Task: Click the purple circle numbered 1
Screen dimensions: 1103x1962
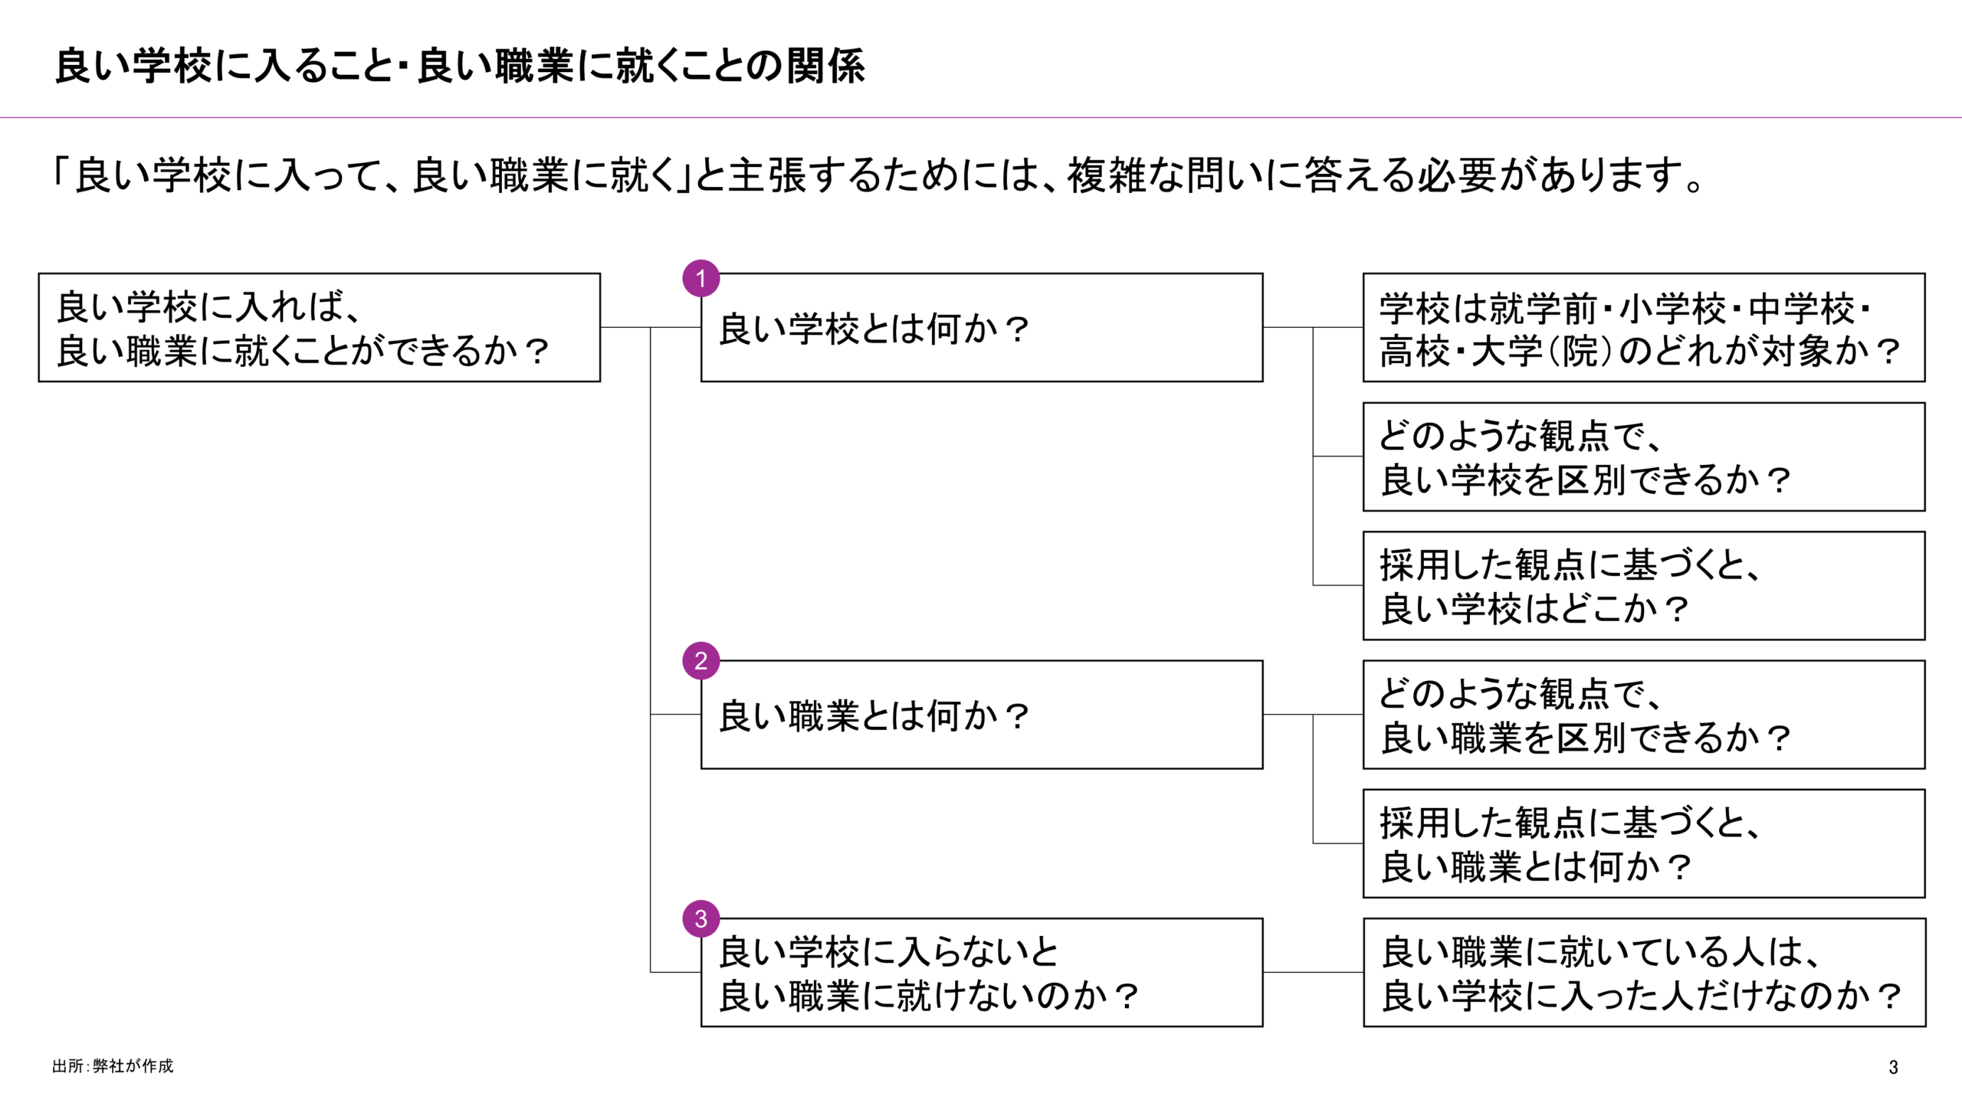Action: pyautogui.click(x=700, y=278)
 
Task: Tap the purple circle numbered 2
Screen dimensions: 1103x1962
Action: pyautogui.click(x=700, y=660)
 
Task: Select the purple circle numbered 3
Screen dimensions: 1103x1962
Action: pyautogui.click(x=700, y=918)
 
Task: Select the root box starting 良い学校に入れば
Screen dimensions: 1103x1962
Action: pyautogui.click(x=319, y=327)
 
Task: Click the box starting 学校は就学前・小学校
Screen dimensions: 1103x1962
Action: pyautogui.click(x=1643, y=327)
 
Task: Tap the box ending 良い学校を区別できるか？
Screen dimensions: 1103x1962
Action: pyautogui.click(x=1643, y=457)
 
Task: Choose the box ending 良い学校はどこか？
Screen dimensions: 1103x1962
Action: pyautogui.click(x=1643, y=585)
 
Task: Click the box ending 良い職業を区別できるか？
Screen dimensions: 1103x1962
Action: pyautogui.click(x=1643, y=715)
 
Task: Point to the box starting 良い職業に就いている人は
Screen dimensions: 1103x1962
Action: pyautogui.click(x=1643, y=972)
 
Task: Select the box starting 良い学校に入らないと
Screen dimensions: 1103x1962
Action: pyautogui.click(x=981, y=972)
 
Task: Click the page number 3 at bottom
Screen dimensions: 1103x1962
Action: pyautogui.click(x=1893, y=1067)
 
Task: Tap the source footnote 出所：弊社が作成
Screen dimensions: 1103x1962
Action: pyautogui.click(x=113, y=1066)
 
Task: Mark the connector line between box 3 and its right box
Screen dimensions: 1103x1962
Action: pyautogui.click(x=1313, y=972)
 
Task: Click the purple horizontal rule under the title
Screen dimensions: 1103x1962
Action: pyautogui.click(x=981, y=118)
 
